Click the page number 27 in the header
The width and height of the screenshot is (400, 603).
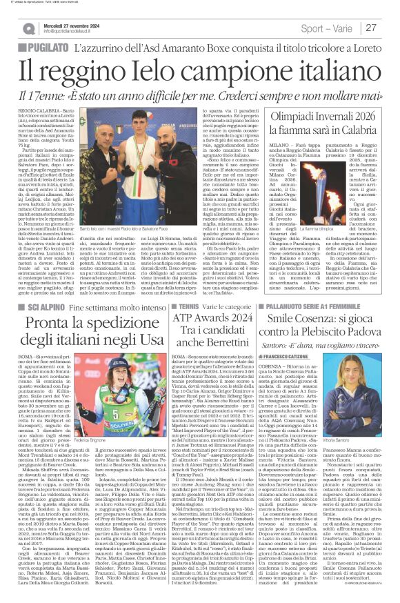click(371, 28)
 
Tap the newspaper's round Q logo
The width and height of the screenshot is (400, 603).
click(29, 28)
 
